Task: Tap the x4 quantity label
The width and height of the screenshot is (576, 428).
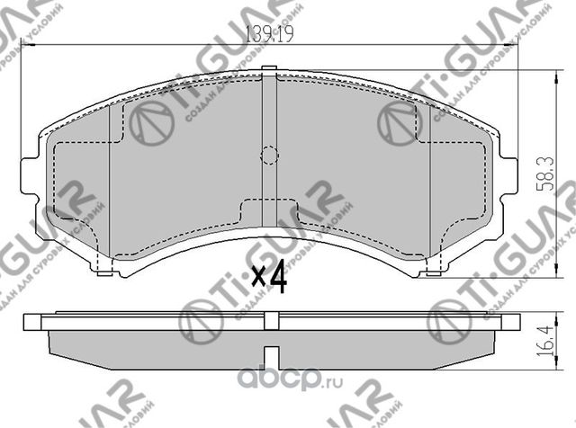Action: coord(269,278)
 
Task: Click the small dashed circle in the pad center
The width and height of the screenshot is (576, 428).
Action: coord(269,155)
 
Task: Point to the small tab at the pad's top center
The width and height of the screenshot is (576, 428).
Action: coord(269,72)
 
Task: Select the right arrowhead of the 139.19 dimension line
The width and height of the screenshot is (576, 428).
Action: coord(516,47)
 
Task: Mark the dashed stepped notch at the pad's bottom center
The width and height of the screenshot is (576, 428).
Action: coord(269,212)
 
